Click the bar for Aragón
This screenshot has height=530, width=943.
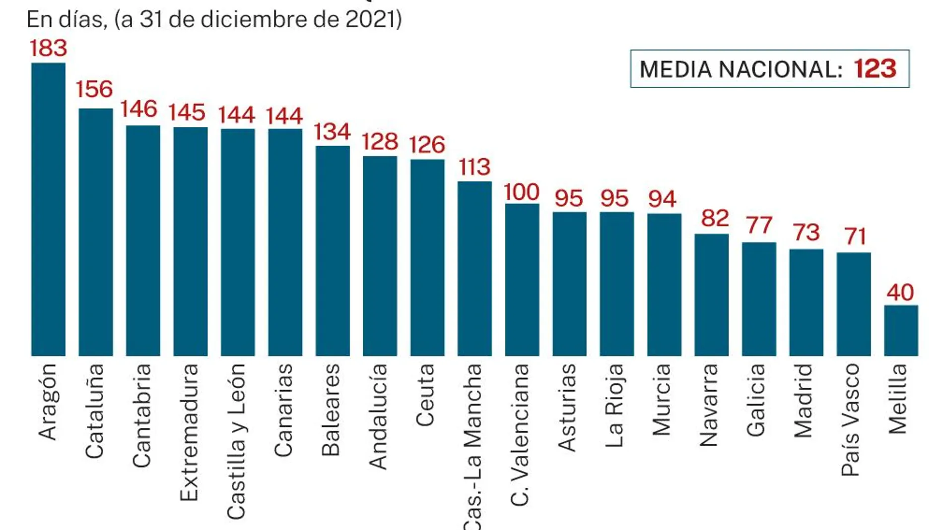(48, 209)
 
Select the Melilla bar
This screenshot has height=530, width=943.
(901, 330)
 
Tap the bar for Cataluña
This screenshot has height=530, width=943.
(96, 232)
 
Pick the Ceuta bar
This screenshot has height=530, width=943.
(427, 257)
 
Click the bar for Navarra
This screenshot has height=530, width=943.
(711, 294)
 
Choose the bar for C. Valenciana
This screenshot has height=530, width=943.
(522, 280)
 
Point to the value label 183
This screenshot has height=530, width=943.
(48, 49)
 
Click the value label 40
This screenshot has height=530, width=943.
(900, 293)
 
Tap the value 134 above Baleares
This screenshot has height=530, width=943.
(332, 132)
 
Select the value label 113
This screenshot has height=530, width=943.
(474, 167)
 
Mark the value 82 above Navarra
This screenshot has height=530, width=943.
(715, 219)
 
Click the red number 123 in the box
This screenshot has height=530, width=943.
(875, 69)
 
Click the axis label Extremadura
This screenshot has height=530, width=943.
(189, 432)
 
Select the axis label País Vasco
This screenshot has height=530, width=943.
(850, 419)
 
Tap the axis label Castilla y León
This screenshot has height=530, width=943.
(236, 441)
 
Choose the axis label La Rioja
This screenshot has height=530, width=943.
(614, 405)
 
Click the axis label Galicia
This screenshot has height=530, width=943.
(756, 400)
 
